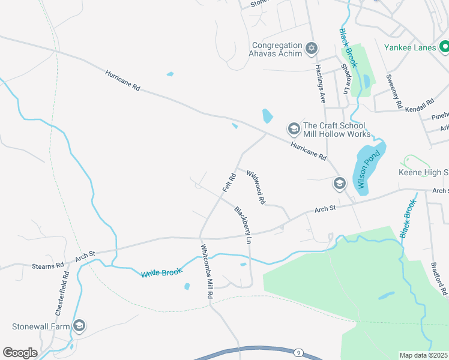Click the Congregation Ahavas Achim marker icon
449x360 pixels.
tap(311, 48)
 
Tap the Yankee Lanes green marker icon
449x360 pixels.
tap(444, 46)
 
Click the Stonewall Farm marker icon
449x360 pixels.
tap(79, 326)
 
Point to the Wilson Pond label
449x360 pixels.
tap(369, 170)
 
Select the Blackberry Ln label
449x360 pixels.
tap(243, 224)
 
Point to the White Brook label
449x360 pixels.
tap(161, 273)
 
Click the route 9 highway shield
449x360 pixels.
tap(298, 353)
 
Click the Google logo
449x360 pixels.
tap(20, 352)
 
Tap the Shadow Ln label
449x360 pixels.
tap(345, 79)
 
